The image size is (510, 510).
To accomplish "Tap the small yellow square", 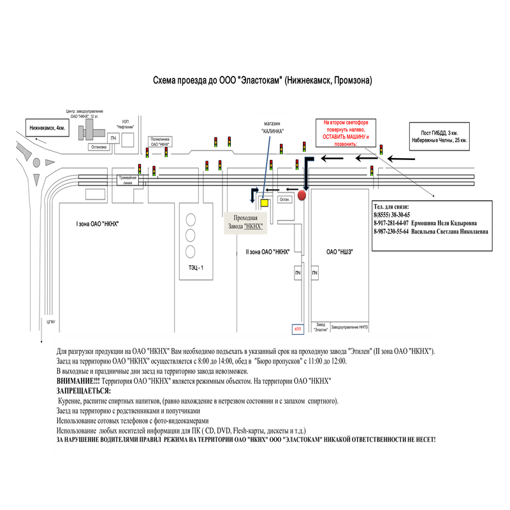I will pos(265,203).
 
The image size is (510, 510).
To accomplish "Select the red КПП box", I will pos(297,329).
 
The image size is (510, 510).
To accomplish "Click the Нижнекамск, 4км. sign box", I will pos(47,128).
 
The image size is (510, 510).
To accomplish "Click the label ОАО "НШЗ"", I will pos(340,252).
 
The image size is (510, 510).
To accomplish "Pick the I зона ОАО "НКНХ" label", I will pos(98,224).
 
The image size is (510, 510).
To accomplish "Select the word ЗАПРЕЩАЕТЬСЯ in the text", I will pos(84,390).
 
